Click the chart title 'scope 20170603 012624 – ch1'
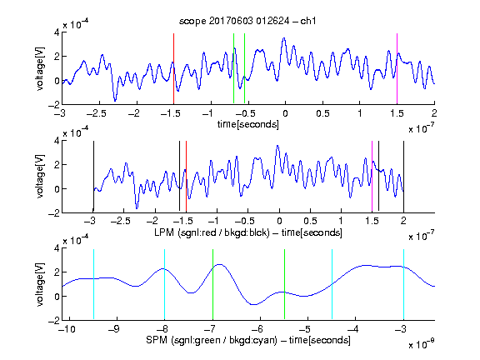(x=247, y=21)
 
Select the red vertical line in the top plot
(x=173, y=69)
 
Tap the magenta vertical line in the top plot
(x=397, y=69)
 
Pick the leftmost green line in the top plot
(x=233, y=69)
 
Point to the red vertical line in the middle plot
(x=186, y=177)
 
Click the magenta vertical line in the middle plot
(x=372, y=177)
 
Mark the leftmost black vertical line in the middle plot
(x=93, y=177)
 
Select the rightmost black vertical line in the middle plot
(x=403, y=177)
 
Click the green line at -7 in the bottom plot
(x=212, y=284)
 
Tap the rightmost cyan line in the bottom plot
(x=403, y=284)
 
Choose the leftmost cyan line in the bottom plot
(x=93, y=284)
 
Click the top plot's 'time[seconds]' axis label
(x=248, y=124)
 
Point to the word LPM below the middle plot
(x=164, y=232)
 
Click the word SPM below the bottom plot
(x=157, y=340)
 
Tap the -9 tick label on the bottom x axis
(x=114, y=329)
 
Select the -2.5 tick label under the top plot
(x=96, y=113)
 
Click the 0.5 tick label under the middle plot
(x=310, y=221)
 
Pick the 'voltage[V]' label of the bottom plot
(x=39, y=284)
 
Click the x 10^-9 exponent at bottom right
(x=422, y=344)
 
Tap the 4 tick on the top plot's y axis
(x=57, y=32)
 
